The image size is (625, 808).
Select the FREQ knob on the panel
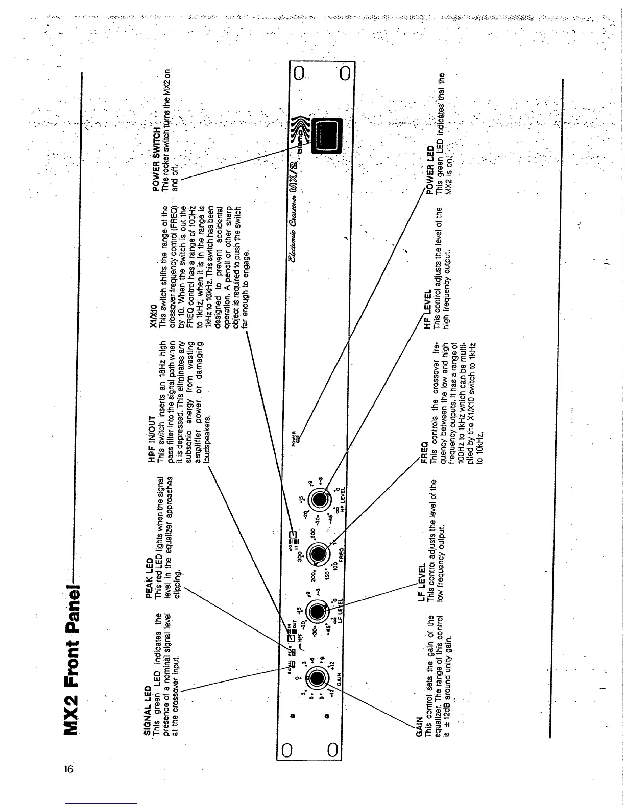[x=317, y=553]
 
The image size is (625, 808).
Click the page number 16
[x=69, y=769]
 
